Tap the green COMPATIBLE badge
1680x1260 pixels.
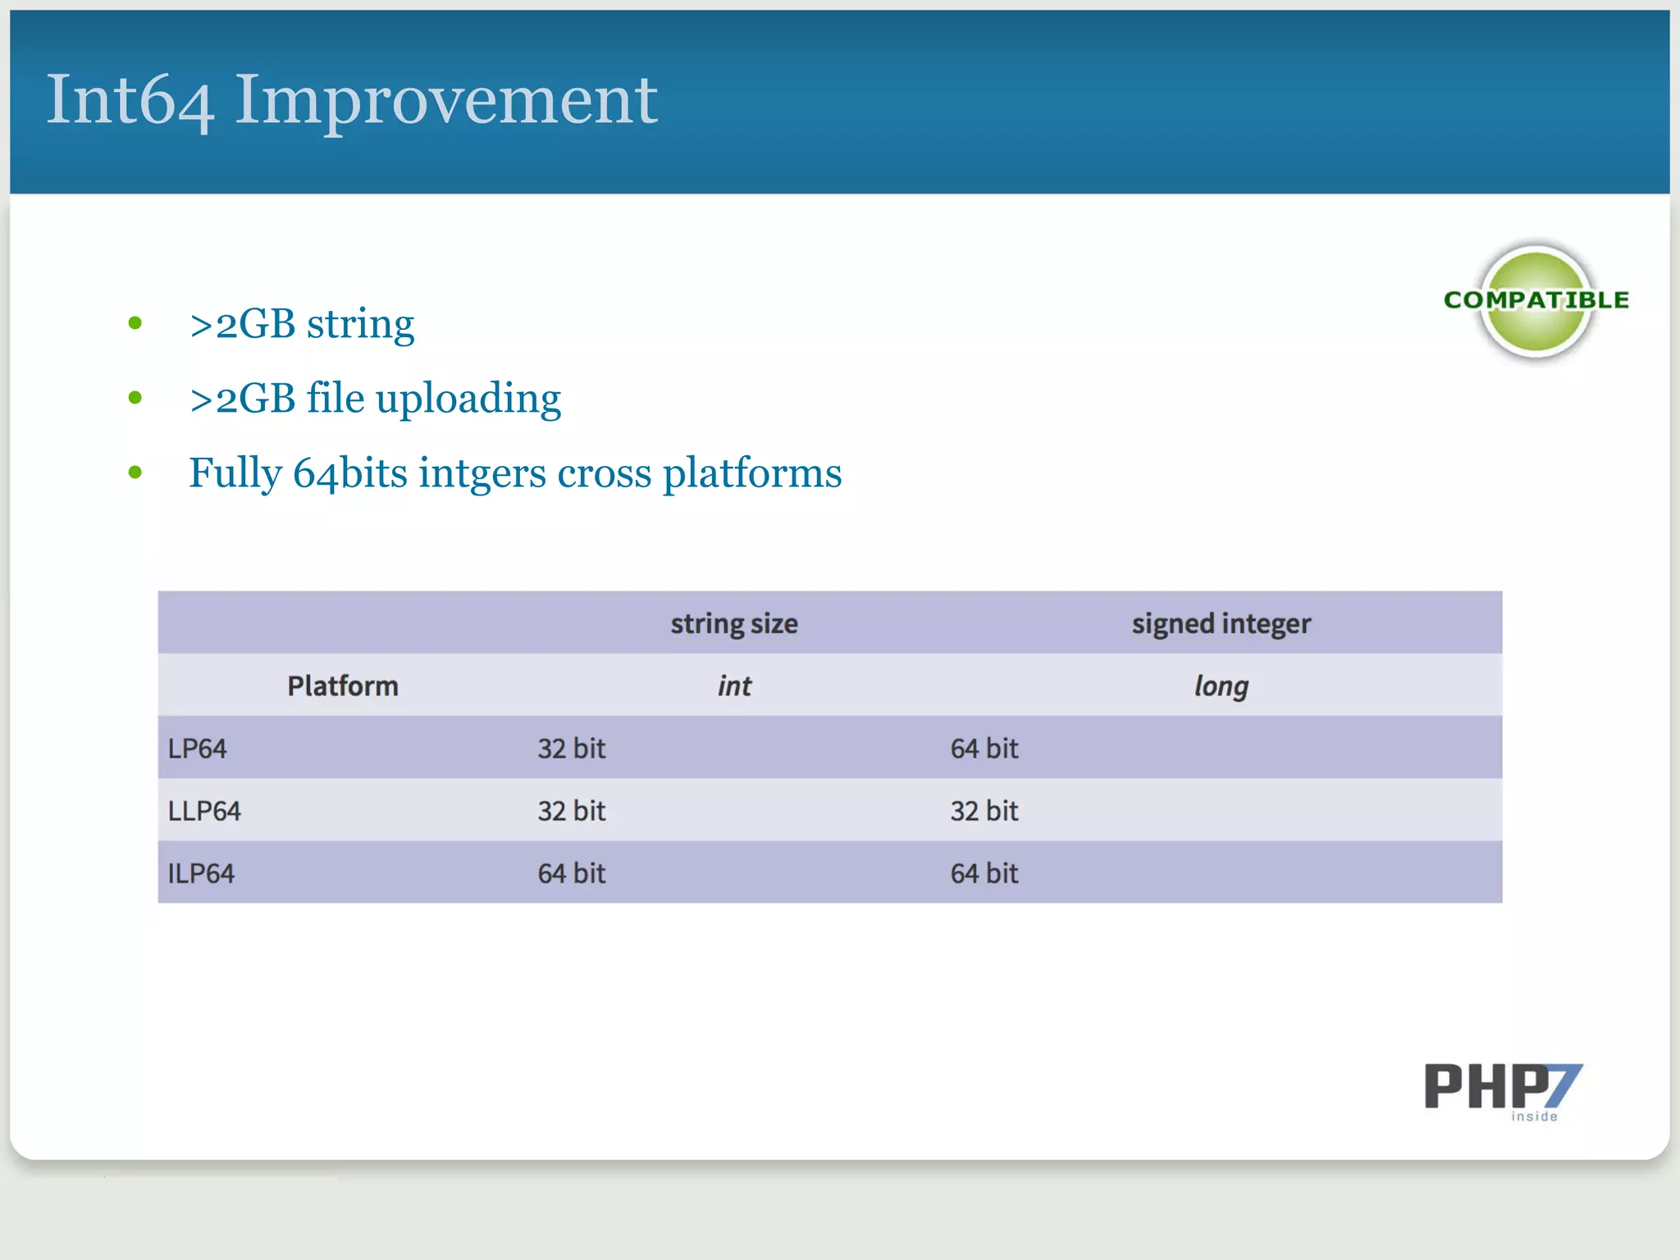coord(1536,301)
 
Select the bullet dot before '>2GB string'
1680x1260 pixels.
coord(135,323)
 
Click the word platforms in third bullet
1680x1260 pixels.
coord(751,474)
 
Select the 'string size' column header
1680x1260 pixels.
coord(733,623)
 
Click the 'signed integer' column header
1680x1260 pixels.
coord(1221,623)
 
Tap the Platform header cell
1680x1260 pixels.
coord(342,686)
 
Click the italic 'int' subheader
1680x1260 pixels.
coord(733,686)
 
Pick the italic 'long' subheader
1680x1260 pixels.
coord(1221,686)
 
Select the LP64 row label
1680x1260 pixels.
coord(197,748)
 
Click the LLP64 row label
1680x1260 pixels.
coord(203,810)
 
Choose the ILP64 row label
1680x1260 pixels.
coord(201,873)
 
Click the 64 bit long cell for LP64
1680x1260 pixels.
coord(984,748)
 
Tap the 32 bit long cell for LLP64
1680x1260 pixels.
coord(984,810)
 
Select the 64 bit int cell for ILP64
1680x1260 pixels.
coord(571,873)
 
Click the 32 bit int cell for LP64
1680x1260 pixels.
coord(571,748)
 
